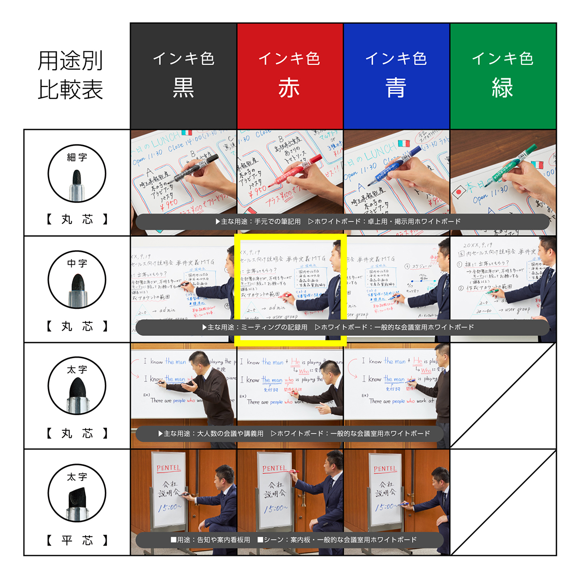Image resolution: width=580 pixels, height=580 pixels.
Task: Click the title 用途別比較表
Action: click(71, 75)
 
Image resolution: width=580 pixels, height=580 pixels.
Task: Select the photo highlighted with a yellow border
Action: click(290, 290)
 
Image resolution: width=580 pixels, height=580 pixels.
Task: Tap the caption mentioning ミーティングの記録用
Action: click(338, 327)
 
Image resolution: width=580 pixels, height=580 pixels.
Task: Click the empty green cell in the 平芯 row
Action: click(503, 503)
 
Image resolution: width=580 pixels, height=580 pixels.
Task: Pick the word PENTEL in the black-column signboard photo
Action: click(168, 468)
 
